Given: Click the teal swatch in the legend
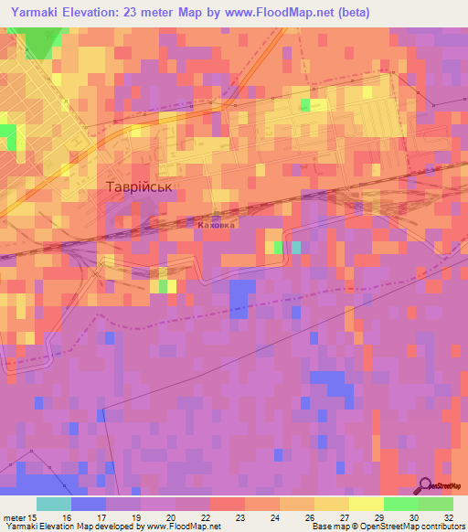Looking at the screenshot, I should coord(54,504).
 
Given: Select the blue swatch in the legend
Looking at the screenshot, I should coord(89,504).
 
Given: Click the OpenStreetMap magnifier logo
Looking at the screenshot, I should coord(427,485).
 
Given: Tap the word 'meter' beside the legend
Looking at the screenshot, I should coord(14,517).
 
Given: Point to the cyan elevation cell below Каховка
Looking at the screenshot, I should coord(295,247).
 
